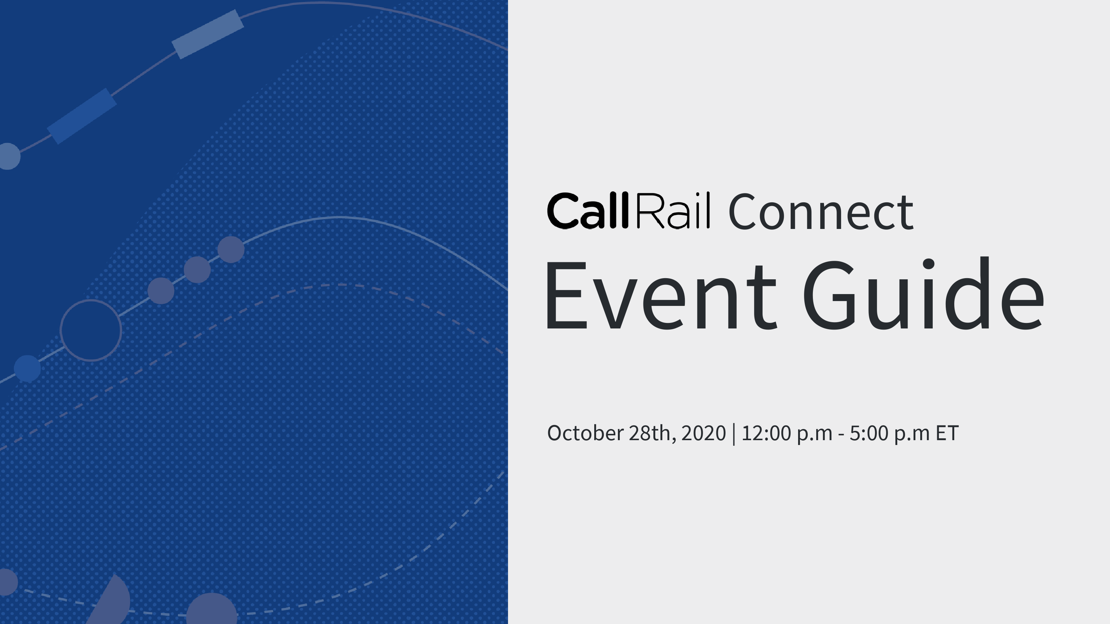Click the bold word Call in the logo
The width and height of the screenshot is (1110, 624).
tap(588, 210)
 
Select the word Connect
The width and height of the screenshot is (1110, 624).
tap(820, 212)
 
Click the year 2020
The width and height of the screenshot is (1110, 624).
tap(704, 433)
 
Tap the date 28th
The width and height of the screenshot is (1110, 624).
tap(652, 433)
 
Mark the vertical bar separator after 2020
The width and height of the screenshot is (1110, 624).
tap(734, 434)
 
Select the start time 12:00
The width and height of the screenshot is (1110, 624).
tap(767, 433)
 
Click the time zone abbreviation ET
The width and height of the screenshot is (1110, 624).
tap(947, 433)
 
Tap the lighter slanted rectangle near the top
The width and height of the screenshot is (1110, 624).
tap(208, 34)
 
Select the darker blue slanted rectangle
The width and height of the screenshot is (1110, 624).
tap(82, 116)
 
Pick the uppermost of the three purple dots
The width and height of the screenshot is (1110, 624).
tap(231, 249)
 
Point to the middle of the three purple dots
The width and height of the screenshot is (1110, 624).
tap(197, 270)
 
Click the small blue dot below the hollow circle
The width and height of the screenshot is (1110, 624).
tap(27, 369)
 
